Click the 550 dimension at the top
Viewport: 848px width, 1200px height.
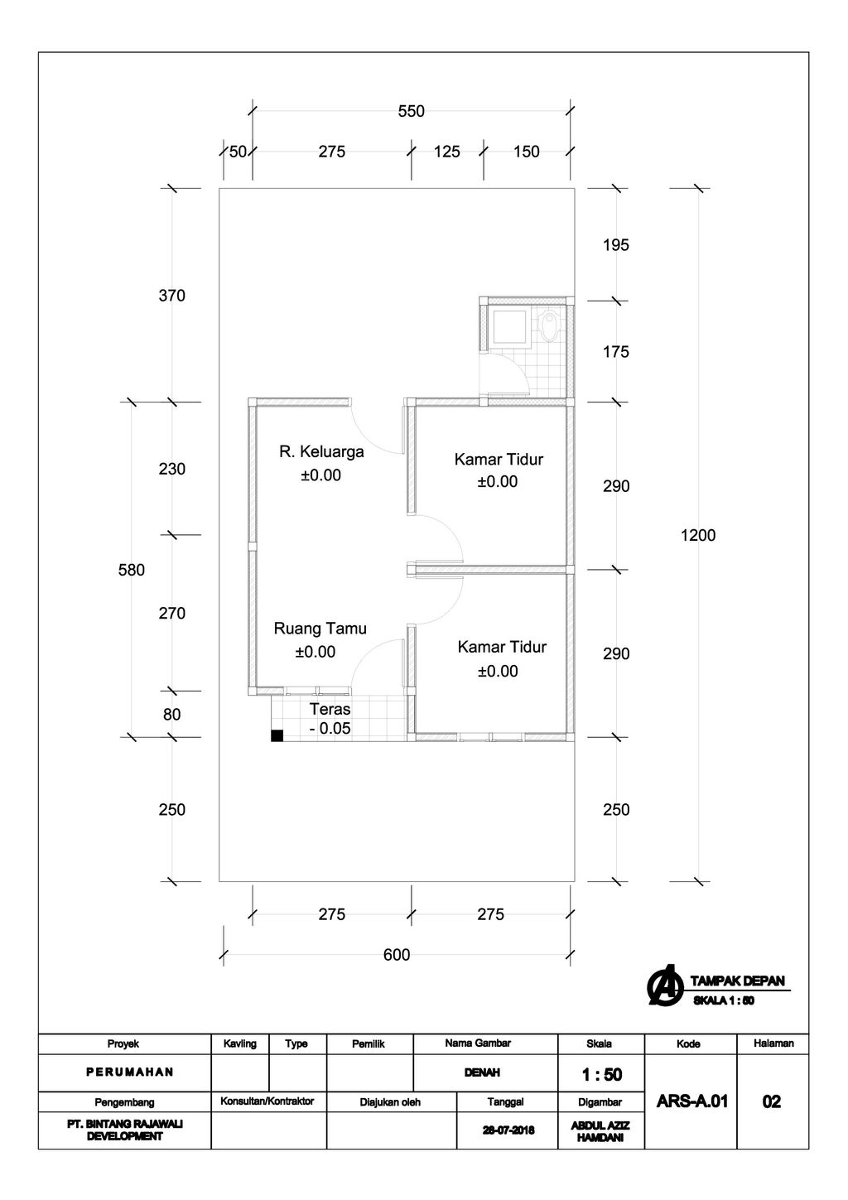click(411, 112)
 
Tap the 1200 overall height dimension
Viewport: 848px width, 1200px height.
click(697, 535)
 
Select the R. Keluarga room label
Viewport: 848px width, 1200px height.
click(321, 451)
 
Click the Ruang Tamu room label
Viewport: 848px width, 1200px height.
click(320, 629)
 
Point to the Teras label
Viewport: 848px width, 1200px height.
click(330, 709)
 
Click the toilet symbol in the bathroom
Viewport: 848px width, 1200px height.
click(548, 325)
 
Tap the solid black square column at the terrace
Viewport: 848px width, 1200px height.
click(277, 735)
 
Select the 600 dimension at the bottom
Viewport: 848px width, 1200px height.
click(397, 955)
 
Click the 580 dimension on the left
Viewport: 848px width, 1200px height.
click(131, 570)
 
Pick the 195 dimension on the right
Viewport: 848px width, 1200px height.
click(615, 245)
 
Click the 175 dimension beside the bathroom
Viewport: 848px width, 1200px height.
click(615, 352)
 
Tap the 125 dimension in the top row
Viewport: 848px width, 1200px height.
click(446, 152)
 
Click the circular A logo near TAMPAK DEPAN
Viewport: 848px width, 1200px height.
click(665, 985)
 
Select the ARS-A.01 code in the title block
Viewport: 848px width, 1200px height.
click(691, 1101)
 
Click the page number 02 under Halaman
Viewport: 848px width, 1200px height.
click(771, 1101)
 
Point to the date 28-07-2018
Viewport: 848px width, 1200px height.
click(508, 1130)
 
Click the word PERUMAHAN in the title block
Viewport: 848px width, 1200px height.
click(130, 1072)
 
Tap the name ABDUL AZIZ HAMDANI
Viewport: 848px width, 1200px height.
click(600, 1131)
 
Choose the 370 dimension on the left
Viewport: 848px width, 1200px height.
click(171, 296)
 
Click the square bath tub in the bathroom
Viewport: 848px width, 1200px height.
click(510, 327)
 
